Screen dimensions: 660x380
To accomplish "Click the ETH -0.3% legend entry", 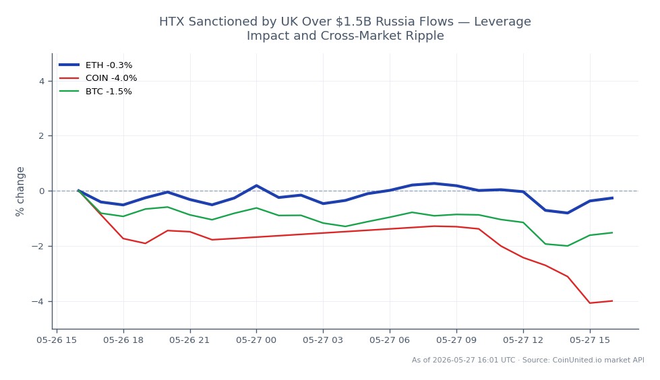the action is click(x=96, y=65).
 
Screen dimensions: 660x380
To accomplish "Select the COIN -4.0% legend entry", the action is click(x=98, y=78).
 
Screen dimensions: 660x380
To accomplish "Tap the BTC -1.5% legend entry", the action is click(x=96, y=92).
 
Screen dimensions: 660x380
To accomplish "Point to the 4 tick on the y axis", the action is click(x=42, y=82).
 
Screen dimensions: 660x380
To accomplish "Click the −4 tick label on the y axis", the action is click(x=38, y=301).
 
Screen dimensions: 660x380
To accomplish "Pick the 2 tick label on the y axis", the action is click(x=42, y=136).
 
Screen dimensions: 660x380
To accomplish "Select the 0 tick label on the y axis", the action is click(x=42, y=191).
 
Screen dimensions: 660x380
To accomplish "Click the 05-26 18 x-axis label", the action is click(x=123, y=340).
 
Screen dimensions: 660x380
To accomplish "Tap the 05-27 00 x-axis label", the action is click(x=256, y=340).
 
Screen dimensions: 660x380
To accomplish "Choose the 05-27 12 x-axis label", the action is click(x=523, y=340).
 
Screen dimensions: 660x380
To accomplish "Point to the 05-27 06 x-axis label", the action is click(x=390, y=340).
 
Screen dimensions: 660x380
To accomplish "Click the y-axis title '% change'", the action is click(x=20, y=191).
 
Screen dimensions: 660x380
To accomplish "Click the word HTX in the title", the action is click(x=172, y=22).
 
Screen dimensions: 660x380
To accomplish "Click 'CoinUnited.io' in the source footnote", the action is click(x=578, y=360).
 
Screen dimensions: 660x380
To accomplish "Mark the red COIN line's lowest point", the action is click(x=590, y=303).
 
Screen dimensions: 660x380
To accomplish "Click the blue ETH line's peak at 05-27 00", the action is click(x=256, y=185).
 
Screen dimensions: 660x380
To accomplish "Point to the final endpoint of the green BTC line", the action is click(x=612, y=232).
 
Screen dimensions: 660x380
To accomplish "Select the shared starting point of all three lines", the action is click(x=78, y=191).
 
